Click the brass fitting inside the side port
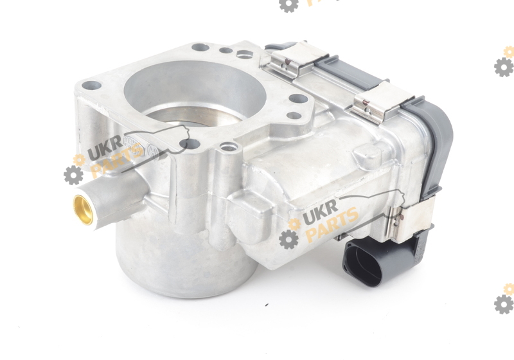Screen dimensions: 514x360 coord(82,210)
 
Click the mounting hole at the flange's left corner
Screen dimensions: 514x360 coord(91,86)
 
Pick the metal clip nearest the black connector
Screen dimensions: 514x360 coord(411,220)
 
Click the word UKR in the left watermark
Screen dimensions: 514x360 coord(105,149)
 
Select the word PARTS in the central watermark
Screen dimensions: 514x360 coord(332,224)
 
